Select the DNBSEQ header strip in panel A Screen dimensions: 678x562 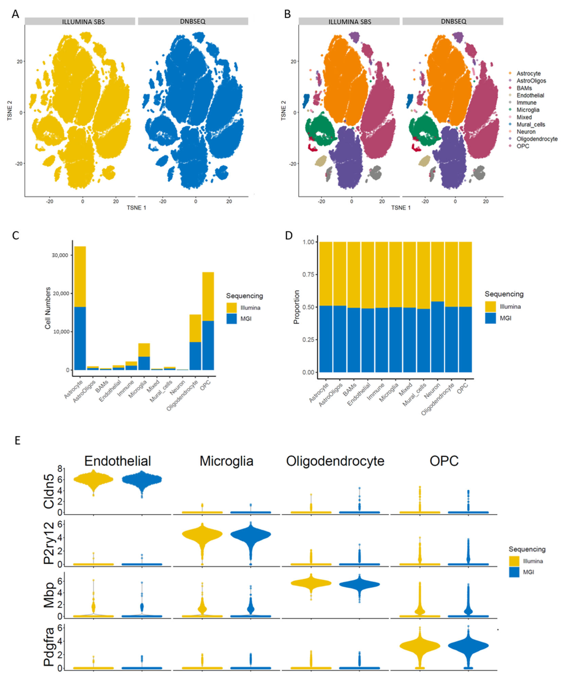tap(193, 21)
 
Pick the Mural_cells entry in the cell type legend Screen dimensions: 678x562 tap(530, 124)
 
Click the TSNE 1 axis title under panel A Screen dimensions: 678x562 tap(136, 208)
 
